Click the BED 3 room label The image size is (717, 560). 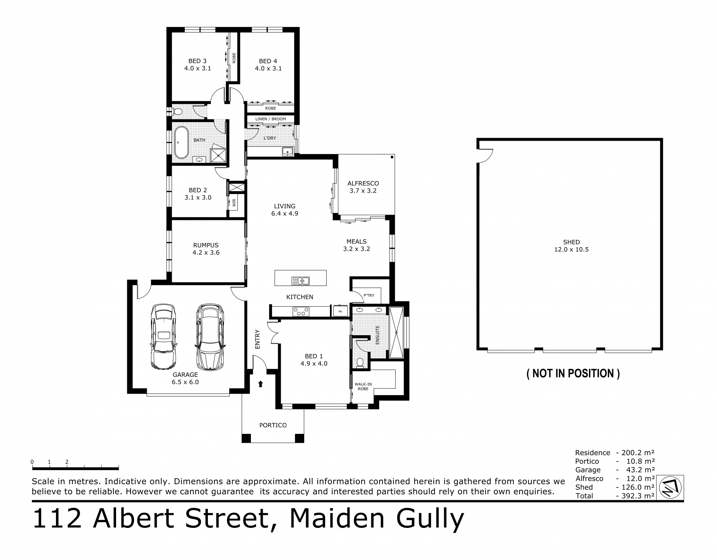click(x=197, y=61)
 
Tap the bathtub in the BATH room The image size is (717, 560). click(x=181, y=142)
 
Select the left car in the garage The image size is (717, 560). click(x=163, y=337)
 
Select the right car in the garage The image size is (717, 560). click(x=210, y=337)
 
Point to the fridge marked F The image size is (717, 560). click(x=340, y=311)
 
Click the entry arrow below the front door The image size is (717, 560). click(x=261, y=384)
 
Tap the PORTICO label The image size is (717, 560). click(x=273, y=425)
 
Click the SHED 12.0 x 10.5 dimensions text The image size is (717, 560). click(x=571, y=249)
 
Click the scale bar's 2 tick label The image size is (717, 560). click(x=67, y=462)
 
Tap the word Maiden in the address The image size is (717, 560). click(x=337, y=519)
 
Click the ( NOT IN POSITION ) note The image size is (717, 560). click(x=573, y=373)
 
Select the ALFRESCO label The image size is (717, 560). click(x=363, y=183)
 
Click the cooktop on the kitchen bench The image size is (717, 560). click(x=301, y=311)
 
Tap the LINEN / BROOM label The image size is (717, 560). click(x=271, y=119)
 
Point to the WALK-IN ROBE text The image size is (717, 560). click(x=363, y=386)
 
